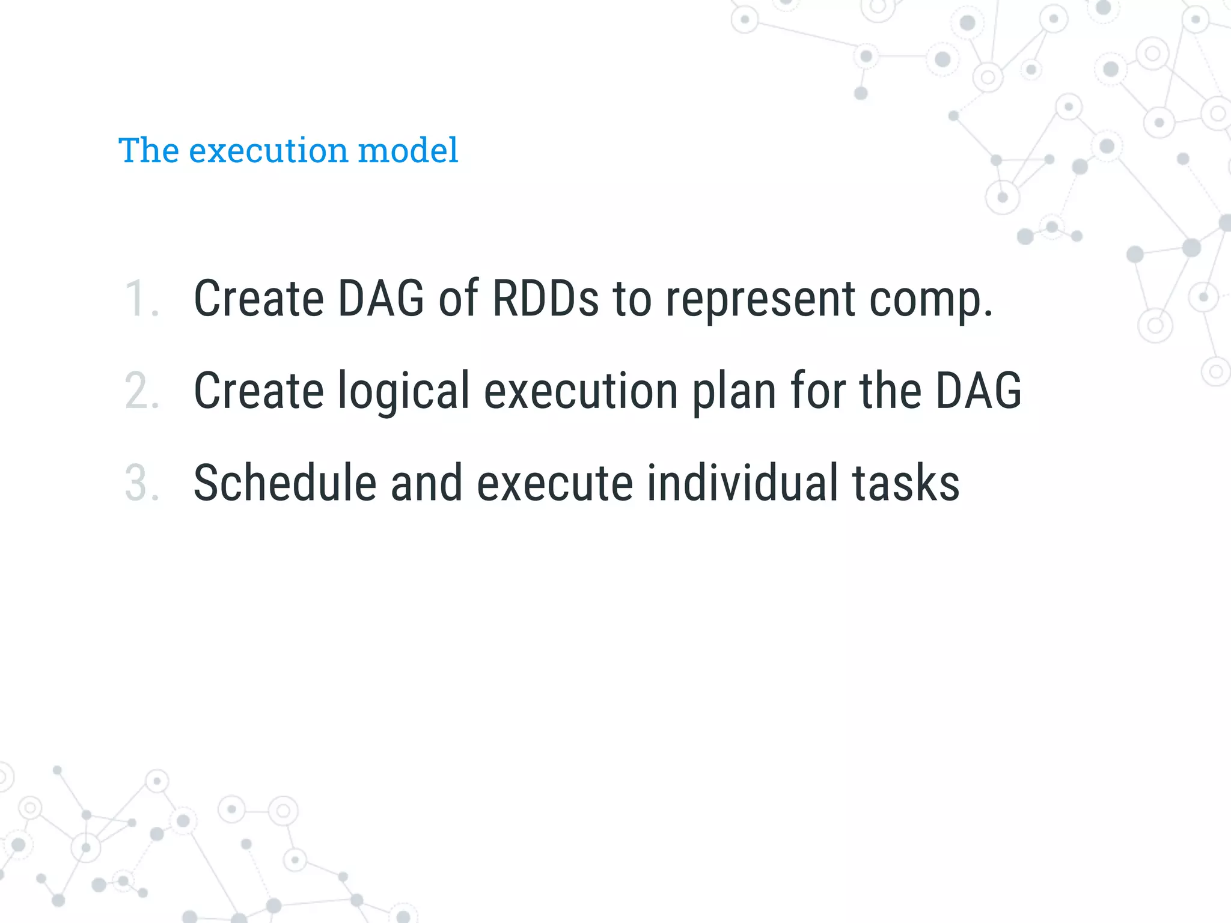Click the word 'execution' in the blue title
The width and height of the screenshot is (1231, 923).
pos(268,150)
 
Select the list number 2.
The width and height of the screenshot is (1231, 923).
pos(142,391)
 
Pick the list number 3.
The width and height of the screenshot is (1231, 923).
pos(142,483)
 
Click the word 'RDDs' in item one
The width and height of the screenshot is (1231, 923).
pos(545,299)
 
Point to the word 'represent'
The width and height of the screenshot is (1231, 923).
pos(760,299)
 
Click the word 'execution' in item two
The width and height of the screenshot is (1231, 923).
pos(581,391)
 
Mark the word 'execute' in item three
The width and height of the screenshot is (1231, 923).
pos(554,483)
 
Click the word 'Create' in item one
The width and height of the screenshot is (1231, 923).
pos(258,299)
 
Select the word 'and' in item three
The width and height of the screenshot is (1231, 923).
pos(426,483)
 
